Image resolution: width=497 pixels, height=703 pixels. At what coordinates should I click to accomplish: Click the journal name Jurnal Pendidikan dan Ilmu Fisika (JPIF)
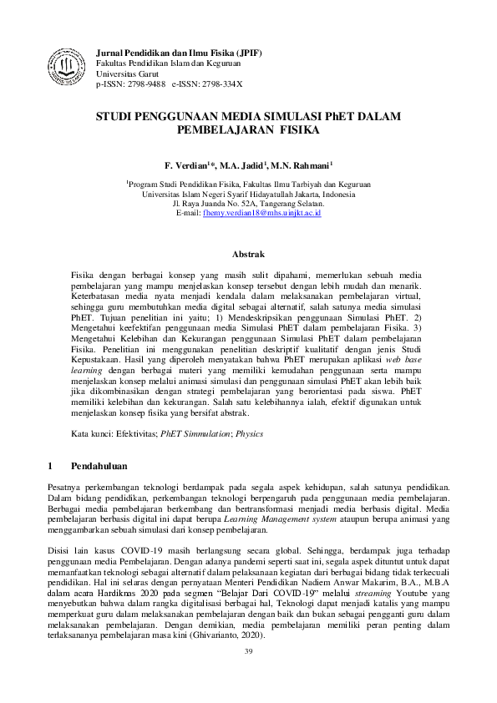(x=180, y=53)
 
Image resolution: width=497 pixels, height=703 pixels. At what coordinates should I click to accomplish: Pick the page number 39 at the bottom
(x=248, y=650)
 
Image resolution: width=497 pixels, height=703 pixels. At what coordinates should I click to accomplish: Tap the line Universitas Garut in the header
(x=126, y=73)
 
